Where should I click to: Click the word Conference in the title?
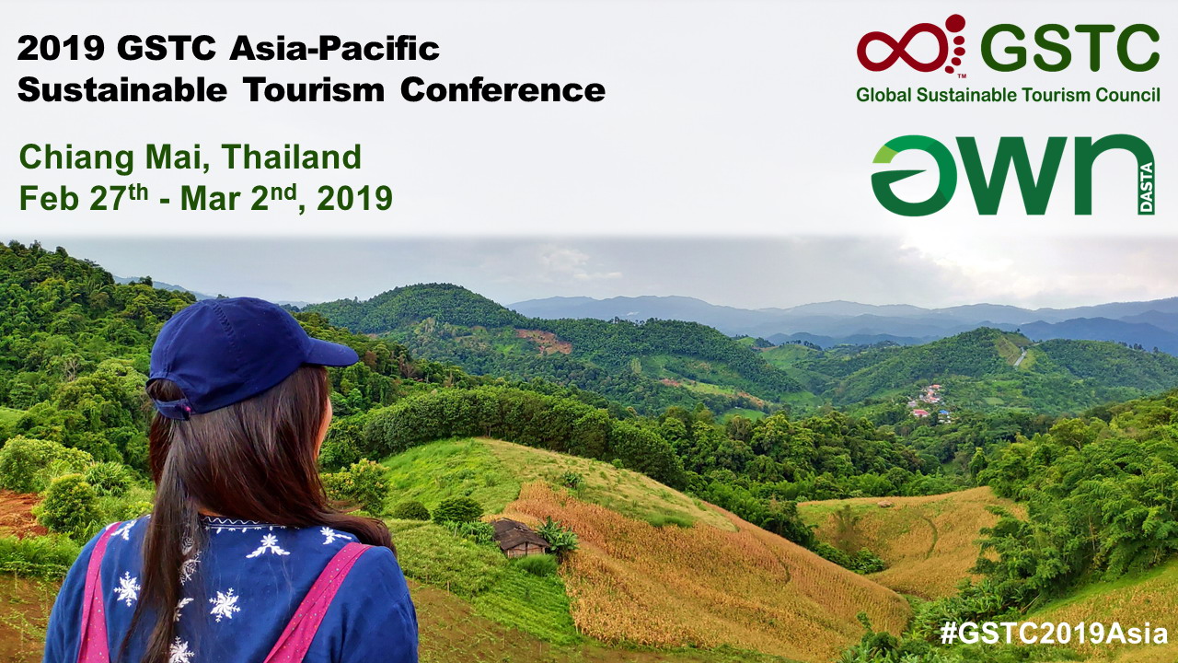pyautogui.click(x=502, y=90)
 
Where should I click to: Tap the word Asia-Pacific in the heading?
pyautogui.click(x=334, y=49)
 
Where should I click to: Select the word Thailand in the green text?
pyautogui.click(x=292, y=157)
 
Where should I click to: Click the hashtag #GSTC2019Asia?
pyautogui.click(x=1054, y=633)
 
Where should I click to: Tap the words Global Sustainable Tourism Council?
pyautogui.click(x=1008, y=95)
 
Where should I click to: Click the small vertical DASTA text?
pyautogui.click(x=1147, y=188)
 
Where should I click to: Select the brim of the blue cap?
pyautogui.click(x=330, y=352)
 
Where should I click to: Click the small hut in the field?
pyautogui.click(x=518, y=537)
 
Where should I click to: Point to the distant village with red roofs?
pyautogui.click(x=929, y=401)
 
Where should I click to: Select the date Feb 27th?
pyautogui.click(x=84, y=198)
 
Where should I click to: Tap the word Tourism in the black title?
pyautogui.click(x=314, y=90)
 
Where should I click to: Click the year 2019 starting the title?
pyautogui.click(x=61, y=49)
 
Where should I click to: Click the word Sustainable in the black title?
pyautogui.click(x=122, y=90)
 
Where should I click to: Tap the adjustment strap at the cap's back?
pyautogui.click(x=172, y=408)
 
